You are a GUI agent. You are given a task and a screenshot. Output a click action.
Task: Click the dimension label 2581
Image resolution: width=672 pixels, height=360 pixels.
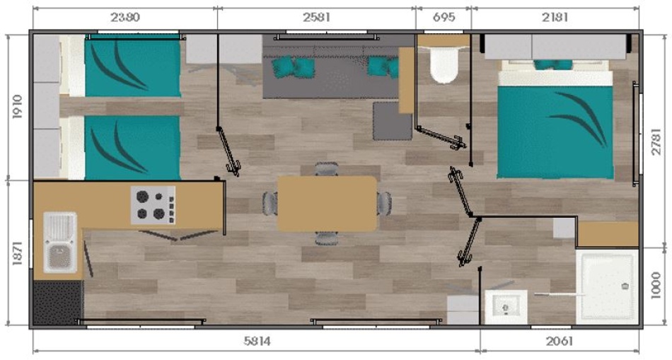pos(316,18)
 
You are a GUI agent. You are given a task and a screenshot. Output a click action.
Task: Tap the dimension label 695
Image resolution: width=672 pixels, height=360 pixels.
pos(444,18)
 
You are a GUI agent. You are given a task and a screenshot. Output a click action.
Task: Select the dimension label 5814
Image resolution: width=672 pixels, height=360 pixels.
pos(257,341)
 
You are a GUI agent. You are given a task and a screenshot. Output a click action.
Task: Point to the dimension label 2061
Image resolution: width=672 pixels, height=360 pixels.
pos(560,341)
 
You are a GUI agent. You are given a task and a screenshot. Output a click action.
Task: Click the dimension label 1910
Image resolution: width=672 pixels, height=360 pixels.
pos(18,107)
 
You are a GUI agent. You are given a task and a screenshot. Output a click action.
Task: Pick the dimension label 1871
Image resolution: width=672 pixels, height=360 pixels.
pos(18,253)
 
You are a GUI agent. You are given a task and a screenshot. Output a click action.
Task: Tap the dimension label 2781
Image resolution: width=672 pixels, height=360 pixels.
pos(656,141)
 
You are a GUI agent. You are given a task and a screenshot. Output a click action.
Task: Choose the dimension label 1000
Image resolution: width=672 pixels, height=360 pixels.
pos(656,286)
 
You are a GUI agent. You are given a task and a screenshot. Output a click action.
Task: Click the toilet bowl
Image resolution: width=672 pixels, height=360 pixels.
pos(444,64)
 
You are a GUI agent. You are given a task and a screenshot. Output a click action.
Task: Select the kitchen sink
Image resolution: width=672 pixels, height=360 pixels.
pos(60,243)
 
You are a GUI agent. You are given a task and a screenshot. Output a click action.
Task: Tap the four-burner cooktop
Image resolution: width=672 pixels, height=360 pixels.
pos(153,205)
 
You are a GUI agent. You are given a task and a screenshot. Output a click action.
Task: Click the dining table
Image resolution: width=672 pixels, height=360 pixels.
pos(327,204)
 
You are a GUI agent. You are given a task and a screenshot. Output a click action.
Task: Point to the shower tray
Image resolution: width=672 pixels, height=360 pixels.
pos(608,286)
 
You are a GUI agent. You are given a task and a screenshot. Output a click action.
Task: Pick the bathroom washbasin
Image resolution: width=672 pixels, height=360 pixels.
pos(506,307)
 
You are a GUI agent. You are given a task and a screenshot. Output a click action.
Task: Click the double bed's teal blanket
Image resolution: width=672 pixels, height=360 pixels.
pos(555,132)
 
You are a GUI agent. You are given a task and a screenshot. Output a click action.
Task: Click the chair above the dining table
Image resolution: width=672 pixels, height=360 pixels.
pos(327,168)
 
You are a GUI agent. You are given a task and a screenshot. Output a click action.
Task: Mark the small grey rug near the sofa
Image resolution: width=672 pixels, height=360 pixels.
pos(392,121)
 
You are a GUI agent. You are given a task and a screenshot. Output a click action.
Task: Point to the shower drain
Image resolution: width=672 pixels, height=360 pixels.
pos(625,286)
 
